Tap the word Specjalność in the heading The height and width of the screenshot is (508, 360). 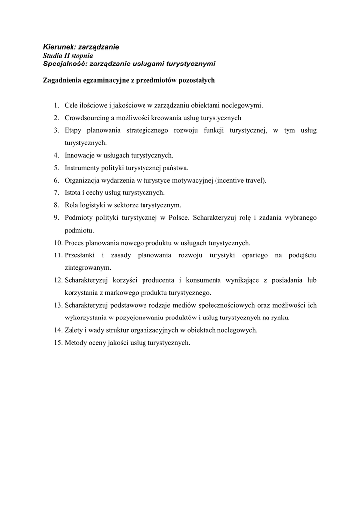pyautogui.click(x=62, y=63)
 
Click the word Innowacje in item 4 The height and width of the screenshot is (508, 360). pyautogui.click(x=78, y=155)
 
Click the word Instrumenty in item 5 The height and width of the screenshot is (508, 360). pyautogui.click(x=82, y=168)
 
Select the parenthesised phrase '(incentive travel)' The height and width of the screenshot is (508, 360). pyautogui.click(x=241, y=180)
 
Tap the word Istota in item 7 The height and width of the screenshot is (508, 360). pyautogui.click(x=73, y=192)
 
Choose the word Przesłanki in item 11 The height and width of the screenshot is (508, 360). pyautogui.click(x=80, y=255)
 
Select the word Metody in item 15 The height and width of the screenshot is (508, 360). pyautogui.click(x=75, y=342)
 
